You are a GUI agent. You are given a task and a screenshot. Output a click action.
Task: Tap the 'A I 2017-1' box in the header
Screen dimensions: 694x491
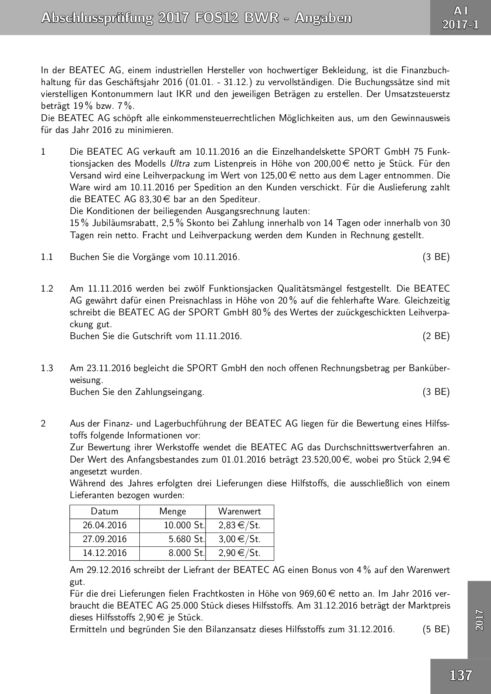461,18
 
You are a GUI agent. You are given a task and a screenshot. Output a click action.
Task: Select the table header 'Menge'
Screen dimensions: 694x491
173,511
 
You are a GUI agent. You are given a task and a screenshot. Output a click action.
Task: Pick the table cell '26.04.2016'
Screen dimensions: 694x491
105,525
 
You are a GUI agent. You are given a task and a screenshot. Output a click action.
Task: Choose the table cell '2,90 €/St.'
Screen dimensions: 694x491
240,553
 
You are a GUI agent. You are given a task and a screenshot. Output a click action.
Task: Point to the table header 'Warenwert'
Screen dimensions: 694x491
240,511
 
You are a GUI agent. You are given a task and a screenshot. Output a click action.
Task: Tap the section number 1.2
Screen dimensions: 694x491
47,289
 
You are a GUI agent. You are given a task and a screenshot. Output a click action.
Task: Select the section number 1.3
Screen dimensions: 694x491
47,368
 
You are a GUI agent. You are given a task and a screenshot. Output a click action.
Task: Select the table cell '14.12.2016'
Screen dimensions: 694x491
105,553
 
